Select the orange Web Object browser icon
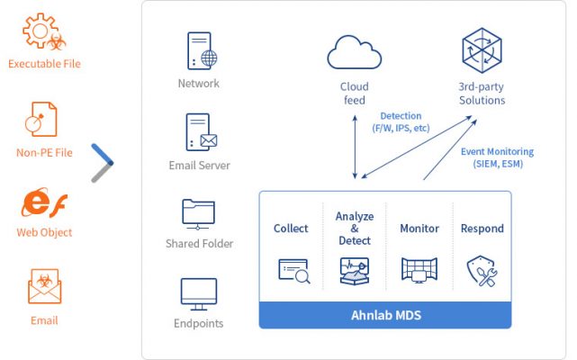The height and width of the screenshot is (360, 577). [41, 202]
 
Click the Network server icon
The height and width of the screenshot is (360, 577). [201, 50]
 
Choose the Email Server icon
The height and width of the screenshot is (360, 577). [201, 132]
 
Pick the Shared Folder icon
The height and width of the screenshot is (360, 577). [199, 213]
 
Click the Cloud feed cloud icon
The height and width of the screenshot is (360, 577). [355, 51]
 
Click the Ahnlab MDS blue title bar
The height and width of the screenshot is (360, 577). [385, 316]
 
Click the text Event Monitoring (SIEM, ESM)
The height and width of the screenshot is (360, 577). [497, 157]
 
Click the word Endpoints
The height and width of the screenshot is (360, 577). [199, 323]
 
